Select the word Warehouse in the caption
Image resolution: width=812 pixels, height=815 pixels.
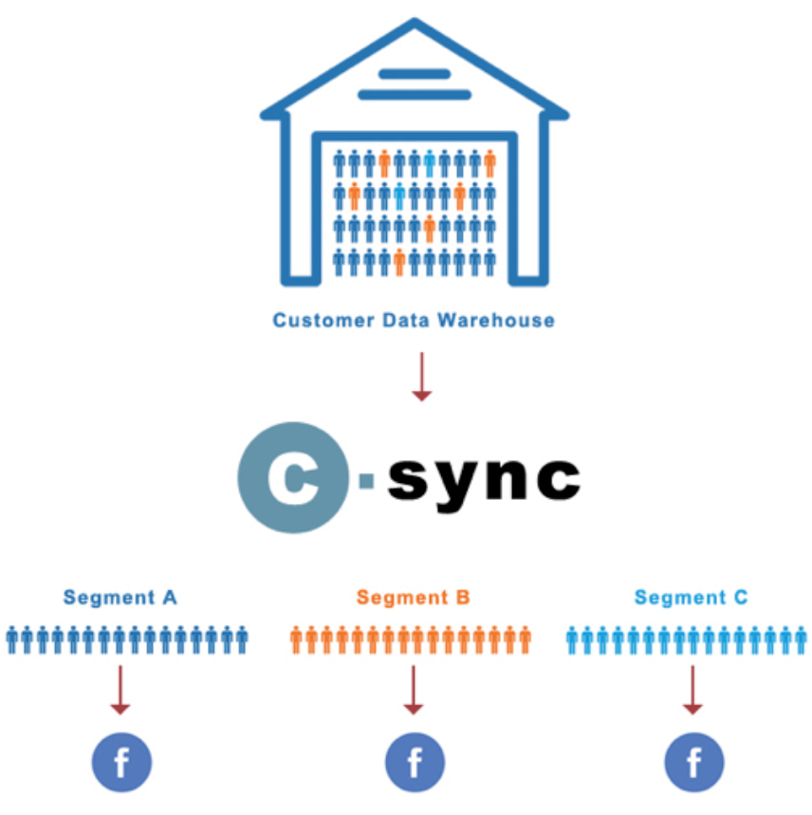click(496, 320)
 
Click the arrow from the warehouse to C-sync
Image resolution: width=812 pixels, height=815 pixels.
click(421, 379)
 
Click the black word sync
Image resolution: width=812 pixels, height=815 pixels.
click(484, 480)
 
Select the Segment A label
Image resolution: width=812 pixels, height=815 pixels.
click(120, 598)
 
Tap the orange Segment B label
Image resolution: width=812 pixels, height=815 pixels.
click(414, 598)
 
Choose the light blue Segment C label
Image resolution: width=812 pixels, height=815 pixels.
click(692, 598)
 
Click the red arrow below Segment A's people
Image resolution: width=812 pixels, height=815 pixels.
click(120, 690)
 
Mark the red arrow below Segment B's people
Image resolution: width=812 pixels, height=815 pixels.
click(413, 690)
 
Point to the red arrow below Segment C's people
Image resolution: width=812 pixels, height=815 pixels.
click(693, 690)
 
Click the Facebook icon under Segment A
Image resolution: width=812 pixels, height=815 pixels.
click(121, 761)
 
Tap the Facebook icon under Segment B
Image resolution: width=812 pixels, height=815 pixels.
click(414, 761)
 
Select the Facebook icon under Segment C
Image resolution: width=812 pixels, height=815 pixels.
click(693, 761)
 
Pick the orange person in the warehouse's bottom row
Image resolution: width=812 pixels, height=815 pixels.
click(399, 261)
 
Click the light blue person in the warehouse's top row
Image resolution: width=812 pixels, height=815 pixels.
click(430, 164)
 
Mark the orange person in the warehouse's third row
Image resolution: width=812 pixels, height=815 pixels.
click(430, 229)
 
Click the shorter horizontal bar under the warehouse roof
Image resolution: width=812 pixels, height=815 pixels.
click(414, 74)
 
